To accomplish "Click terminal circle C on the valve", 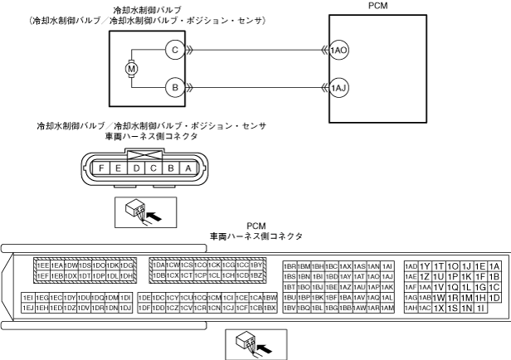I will (x=175, y=50).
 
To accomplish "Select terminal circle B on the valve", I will (x=175, y=86).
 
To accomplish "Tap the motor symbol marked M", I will (x=130, y=68).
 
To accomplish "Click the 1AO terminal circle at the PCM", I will (x=338, y=50).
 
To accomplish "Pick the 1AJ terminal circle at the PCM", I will (x=338, y=86).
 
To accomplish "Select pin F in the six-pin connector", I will (x=102, y=168).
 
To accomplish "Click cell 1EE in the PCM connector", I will (x=42, y=265).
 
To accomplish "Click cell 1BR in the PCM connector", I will (x=290, y=265).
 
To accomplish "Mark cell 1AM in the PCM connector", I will (x=387, y=308).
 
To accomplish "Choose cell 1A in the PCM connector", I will (x=494, y=265).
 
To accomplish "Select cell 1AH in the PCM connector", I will (x=411, y=308).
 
